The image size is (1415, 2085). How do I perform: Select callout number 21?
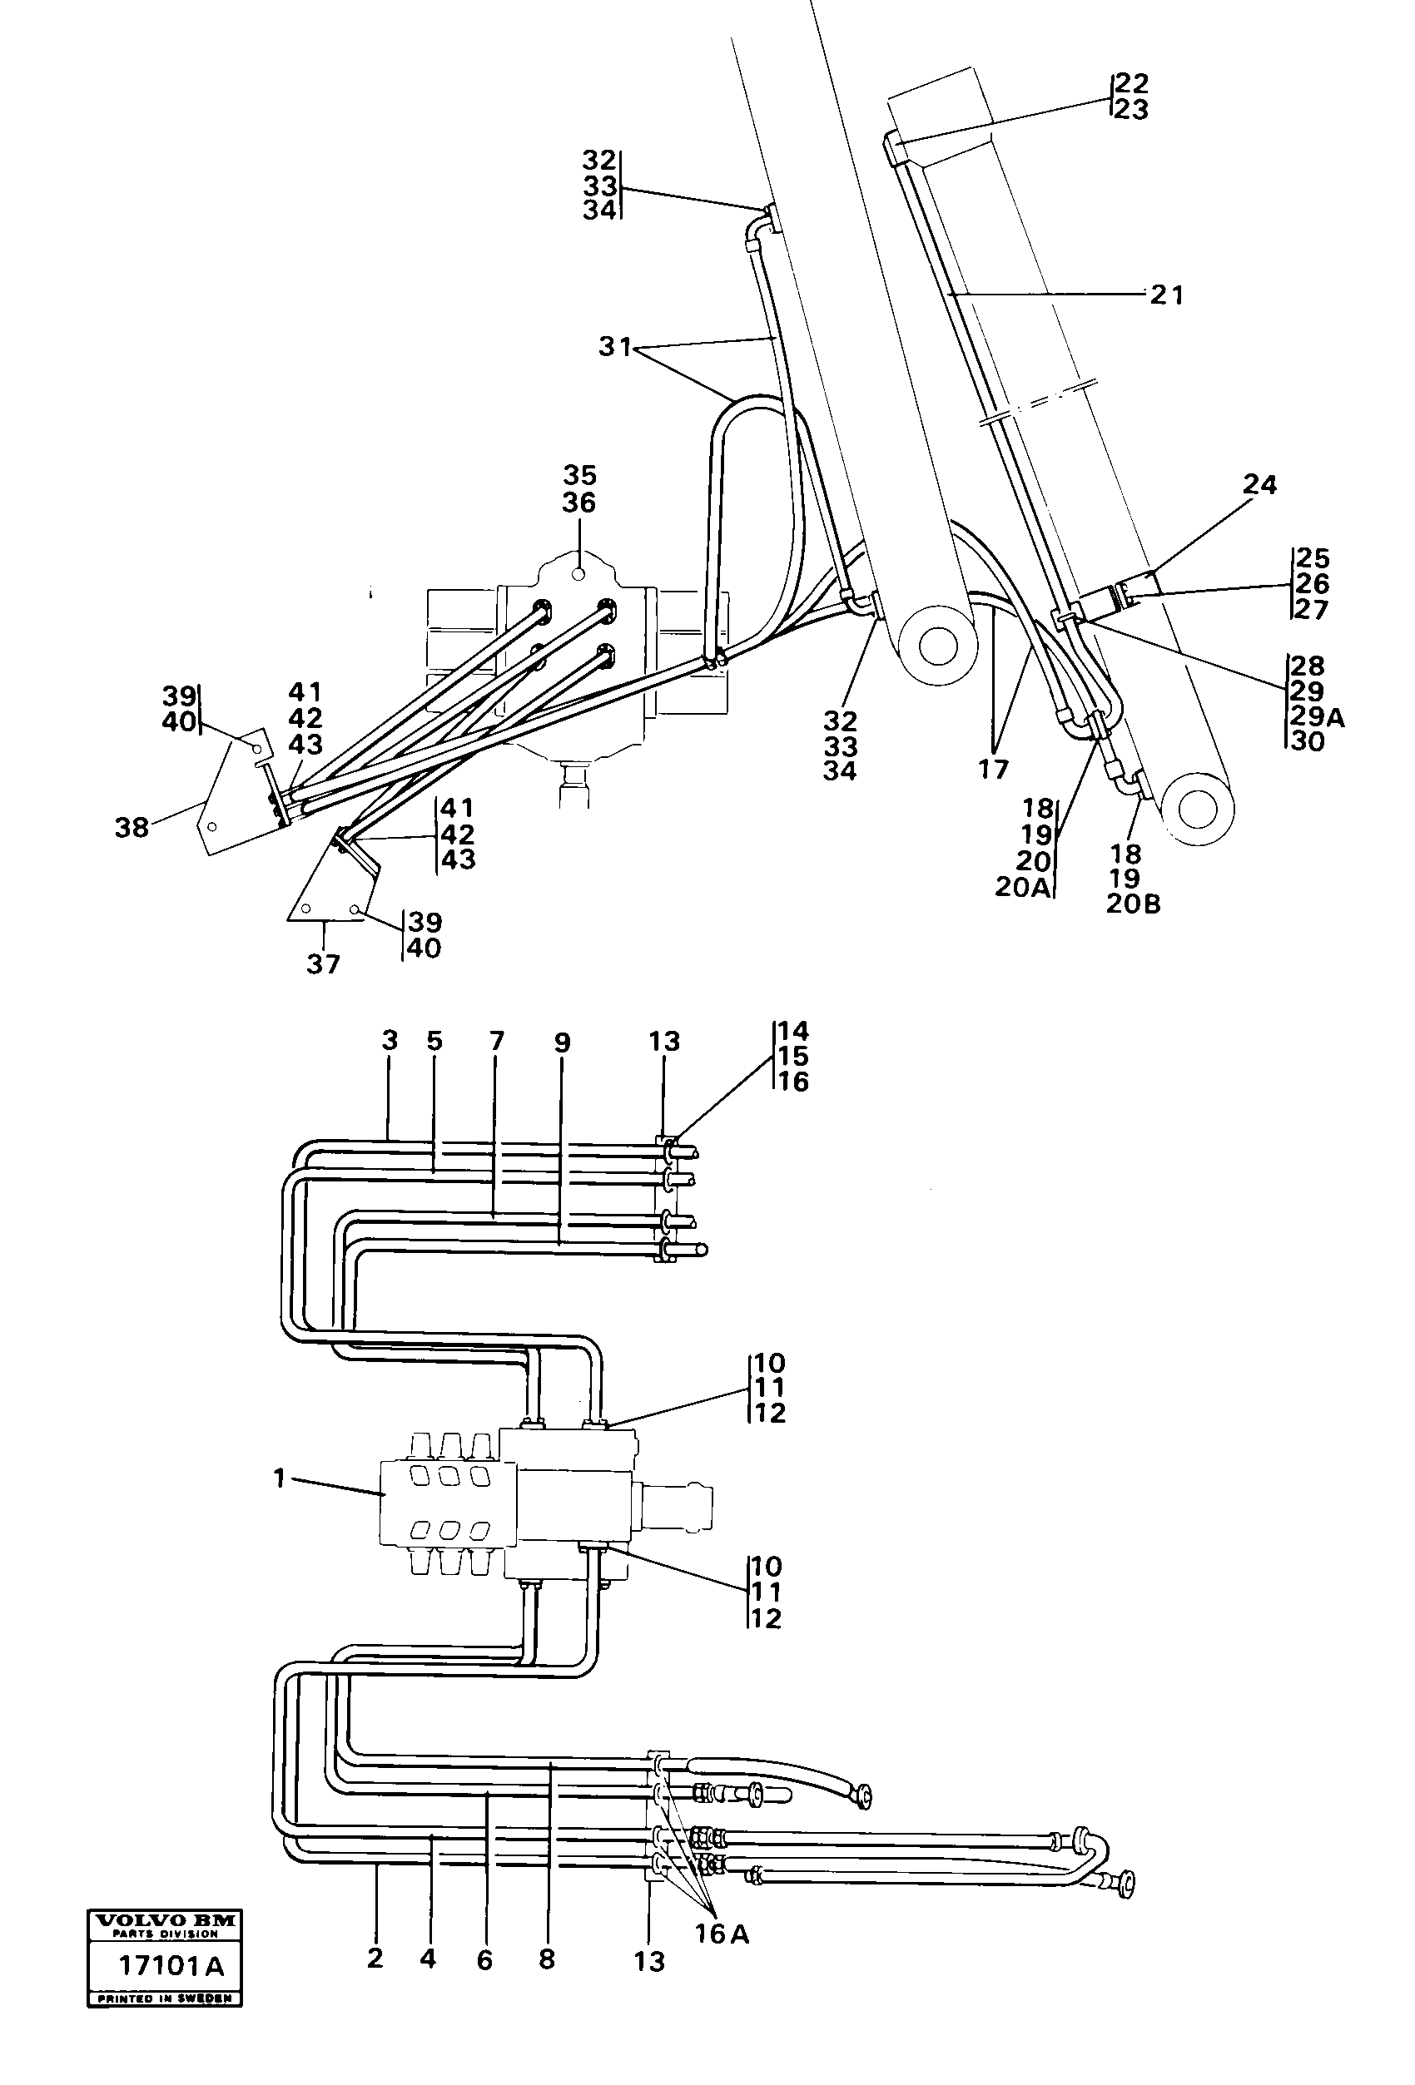click(x=1166, y=295)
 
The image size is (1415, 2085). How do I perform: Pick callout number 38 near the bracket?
click(x=131, y=827)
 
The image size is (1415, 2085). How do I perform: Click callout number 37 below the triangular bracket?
click(x=323, y=964)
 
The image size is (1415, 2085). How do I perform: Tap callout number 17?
click(x=993, y=769)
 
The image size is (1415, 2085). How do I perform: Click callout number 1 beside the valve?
click(x=280, y=1478)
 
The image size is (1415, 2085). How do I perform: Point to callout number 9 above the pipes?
click(x=562, y=1042)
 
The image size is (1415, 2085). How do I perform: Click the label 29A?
click(x=1316, y=717)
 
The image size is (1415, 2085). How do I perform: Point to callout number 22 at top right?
click(x=1131, y=83)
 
